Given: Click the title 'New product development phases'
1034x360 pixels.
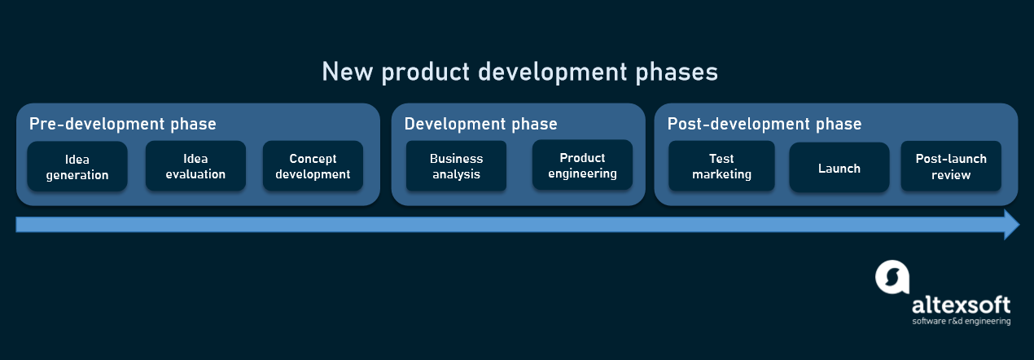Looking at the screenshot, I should point(519,72).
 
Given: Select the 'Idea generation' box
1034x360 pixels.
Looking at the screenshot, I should point(77,167).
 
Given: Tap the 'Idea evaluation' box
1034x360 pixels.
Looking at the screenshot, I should point(195,166).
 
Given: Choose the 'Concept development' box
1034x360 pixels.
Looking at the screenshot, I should point(313,166).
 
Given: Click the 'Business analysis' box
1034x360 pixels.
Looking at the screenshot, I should point(456,166).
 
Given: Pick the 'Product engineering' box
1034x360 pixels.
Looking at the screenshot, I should point(582,165).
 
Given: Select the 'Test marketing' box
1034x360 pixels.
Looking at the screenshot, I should point(721,166).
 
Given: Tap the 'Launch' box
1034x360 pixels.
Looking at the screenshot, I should point(839,168).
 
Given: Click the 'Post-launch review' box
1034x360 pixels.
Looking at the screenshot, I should point(951,166).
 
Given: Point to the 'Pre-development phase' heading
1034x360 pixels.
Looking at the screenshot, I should point(123,124).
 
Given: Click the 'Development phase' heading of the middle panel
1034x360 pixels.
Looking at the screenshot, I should point(480,124).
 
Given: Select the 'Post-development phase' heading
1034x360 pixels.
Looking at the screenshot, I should point(765,124).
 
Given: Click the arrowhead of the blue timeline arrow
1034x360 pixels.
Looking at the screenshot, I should point(1011,224).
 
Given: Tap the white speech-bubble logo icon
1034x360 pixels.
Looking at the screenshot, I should point(892,277).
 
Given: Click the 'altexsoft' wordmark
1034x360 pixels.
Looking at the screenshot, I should point(961,305).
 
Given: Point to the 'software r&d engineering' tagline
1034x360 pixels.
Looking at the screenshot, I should point(961,322).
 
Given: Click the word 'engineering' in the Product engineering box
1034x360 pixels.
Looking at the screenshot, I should point(582,173).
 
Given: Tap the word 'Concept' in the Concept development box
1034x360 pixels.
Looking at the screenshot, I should point(313,159).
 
